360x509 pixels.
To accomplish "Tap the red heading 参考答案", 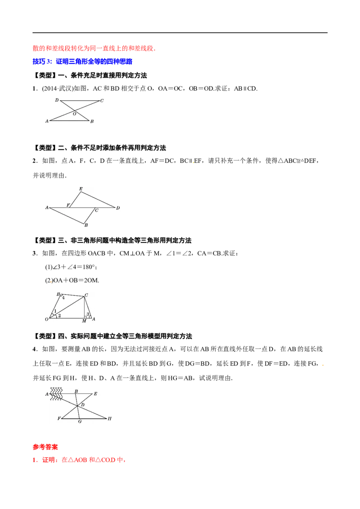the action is (45, 447).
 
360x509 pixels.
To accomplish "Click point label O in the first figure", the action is (74, 114).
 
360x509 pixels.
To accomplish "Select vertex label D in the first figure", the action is (57, 100).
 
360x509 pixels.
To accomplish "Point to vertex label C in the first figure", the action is (102, 101).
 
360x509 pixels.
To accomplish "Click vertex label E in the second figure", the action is (81, 189).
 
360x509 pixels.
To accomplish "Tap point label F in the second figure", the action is (68, 205).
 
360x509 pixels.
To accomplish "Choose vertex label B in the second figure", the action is (86, 225).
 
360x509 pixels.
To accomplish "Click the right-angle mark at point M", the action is (85, 316).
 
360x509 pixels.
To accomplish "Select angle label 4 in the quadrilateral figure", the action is (63, 298).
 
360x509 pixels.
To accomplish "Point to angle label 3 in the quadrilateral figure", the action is (88, 314).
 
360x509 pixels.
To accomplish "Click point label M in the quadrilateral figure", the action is (84, 321).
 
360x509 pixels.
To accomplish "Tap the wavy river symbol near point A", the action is (56, 394).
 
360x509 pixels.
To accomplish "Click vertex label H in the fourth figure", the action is (109, 419).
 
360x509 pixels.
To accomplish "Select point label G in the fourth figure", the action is (80, 421).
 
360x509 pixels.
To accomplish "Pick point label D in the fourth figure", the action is (82, 405).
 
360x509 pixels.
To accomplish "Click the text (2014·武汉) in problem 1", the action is (58, 89).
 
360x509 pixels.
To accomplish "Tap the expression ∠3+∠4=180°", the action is (71, 267).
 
